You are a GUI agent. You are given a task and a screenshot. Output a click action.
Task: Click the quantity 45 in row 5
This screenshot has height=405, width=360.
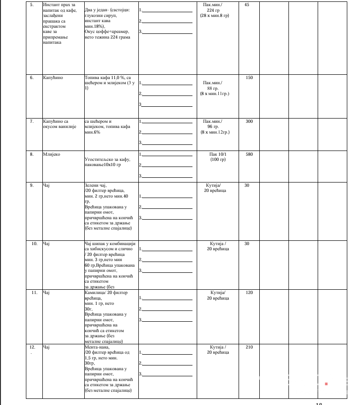247,5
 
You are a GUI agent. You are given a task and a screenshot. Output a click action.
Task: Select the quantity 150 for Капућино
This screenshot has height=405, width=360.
249,78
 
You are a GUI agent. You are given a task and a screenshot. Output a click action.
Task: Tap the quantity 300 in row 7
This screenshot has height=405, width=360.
249,121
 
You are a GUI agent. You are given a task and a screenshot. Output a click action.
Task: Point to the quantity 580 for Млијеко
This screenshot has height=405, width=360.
249,154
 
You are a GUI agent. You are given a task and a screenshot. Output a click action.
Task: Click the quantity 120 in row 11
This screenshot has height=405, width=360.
249,293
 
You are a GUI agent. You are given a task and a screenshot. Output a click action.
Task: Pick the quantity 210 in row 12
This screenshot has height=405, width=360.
249,347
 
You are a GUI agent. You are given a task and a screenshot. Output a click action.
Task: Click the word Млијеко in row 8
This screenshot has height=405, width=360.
51,154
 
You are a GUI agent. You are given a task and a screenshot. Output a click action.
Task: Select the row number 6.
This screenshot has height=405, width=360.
32,78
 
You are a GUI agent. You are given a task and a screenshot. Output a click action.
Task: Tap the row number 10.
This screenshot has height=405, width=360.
34,244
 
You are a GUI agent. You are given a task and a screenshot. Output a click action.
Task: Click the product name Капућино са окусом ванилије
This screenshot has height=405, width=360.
56,124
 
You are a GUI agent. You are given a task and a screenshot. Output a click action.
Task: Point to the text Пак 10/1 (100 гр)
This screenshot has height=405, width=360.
217,157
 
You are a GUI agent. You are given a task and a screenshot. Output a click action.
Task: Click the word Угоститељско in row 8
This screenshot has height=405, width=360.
101,160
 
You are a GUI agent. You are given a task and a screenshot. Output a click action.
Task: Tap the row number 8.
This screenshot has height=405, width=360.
32,154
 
